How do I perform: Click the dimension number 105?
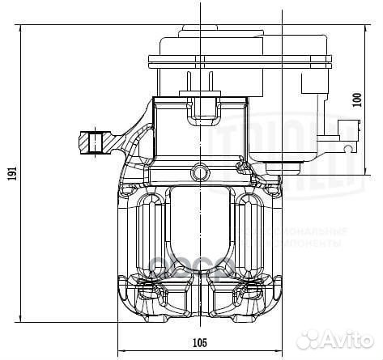coord(199,342)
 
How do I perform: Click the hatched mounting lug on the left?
coord(96,142)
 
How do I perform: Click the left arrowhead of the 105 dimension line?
coord(121,353)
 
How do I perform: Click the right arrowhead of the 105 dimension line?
coord(279,353)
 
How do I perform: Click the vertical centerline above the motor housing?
coord(199,15)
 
